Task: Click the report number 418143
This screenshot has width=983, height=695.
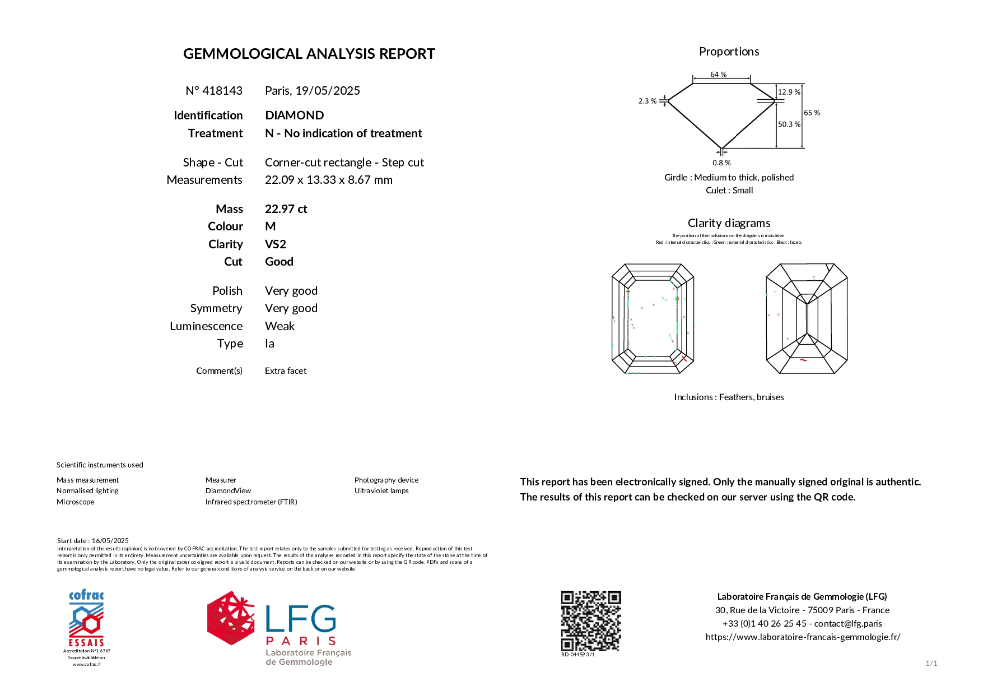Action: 222,91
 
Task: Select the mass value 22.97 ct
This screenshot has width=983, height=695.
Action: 286,209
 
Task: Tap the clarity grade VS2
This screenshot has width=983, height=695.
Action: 275,244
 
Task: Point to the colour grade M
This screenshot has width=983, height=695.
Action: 270,226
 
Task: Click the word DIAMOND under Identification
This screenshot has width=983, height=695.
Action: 294,115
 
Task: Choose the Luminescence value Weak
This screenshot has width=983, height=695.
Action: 279,326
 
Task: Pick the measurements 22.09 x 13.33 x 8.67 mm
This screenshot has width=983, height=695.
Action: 328,180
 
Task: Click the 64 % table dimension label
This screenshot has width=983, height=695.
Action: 718,75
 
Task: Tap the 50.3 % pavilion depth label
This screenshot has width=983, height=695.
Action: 789,124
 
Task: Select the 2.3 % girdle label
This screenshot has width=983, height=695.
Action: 647,101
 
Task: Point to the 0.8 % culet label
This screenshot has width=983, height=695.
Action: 721,163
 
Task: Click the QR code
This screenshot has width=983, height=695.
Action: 591,620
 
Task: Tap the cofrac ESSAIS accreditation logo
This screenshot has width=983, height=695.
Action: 86,619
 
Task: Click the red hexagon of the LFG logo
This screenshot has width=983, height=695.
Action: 230,618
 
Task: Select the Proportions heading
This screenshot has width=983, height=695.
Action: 729,52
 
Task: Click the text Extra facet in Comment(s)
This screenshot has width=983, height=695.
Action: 285,371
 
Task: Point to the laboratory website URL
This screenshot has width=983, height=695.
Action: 802,637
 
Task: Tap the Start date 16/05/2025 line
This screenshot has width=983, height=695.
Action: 93,541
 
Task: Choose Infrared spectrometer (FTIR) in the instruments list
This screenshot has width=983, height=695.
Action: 251,502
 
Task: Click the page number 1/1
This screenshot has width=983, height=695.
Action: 931,664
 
